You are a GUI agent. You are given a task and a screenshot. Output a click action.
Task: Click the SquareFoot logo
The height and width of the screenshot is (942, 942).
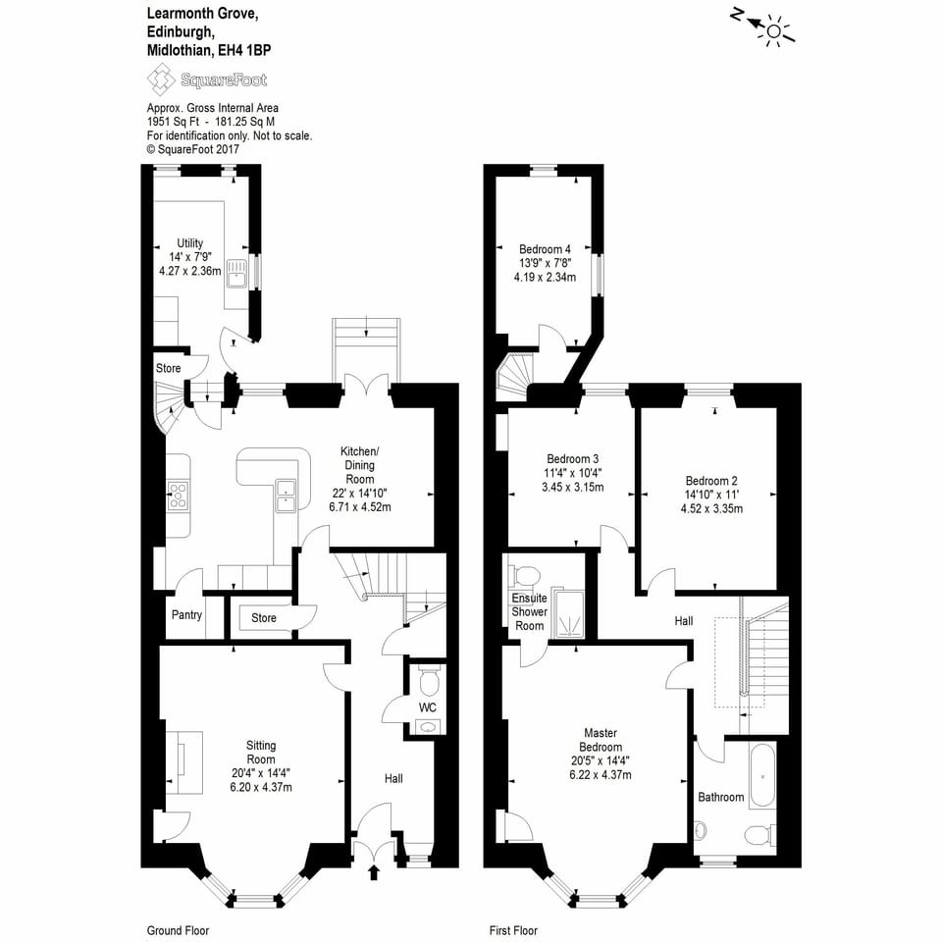point(206,79)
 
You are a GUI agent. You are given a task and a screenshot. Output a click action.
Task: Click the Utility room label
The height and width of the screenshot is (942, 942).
point(189,243)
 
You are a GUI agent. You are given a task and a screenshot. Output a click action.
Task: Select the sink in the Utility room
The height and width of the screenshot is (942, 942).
point(236,273)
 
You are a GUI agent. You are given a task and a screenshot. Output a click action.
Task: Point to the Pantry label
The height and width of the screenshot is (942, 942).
point(185,615)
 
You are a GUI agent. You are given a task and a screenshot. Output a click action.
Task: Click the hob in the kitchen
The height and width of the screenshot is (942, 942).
point(178,496)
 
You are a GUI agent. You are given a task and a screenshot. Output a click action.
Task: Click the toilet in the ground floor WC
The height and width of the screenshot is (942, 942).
point(429,680)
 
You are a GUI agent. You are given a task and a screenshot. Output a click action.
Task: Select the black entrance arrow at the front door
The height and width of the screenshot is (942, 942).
point(373,871)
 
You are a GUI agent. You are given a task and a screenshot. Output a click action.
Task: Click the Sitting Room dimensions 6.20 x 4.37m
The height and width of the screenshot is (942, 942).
point(260,787)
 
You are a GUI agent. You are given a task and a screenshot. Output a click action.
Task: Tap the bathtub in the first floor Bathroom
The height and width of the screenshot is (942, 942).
point(762,775)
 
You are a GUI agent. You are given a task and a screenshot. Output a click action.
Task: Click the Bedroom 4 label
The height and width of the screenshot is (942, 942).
point(545,248)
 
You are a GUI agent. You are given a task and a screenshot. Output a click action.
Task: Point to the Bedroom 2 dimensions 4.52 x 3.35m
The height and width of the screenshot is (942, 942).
point(711,508)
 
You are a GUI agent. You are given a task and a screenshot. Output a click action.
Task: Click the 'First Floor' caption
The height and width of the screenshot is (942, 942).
point(513,930)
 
